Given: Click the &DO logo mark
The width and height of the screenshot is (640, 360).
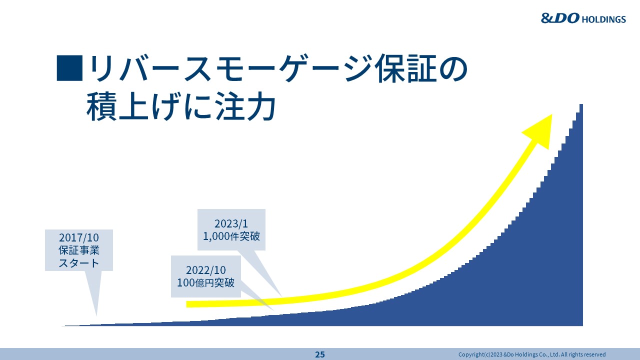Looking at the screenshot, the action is [x=560, y=18].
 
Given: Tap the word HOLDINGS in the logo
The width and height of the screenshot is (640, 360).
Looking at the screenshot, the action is [x=603, y=19].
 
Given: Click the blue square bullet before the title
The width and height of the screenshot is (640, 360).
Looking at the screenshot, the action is [x=69, y=68].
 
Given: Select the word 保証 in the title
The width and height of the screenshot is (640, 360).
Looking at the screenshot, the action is [x=406, y=68].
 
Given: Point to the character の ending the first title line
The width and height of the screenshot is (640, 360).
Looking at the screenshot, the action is [x=453, y=69].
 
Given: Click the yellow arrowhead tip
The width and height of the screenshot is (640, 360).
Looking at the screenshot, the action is [x=551, y=115].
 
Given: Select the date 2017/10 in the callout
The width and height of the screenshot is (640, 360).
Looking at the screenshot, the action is [x=79, y=237].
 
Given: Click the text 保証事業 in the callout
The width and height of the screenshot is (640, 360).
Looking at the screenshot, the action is [x=79, y=250].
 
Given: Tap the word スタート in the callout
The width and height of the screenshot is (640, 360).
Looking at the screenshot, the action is [x=79, y=263].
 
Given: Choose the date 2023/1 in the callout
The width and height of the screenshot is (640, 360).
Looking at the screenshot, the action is [x=231, y=223].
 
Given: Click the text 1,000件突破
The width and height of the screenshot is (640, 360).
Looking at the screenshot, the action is [x=231, y=236].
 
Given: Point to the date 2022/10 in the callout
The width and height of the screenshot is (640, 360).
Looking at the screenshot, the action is [x=205, y=270].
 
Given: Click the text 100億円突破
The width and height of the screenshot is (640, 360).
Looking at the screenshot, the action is [x=205, y=282].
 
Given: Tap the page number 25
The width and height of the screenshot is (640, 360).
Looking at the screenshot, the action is [x=320, y=354].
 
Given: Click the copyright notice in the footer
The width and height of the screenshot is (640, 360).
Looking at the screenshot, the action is [x=532, y=354].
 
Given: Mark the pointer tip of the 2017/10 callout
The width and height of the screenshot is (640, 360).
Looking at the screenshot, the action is [x=96, y=315].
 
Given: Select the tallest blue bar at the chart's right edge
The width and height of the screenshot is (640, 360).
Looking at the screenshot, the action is [x=581, y=215].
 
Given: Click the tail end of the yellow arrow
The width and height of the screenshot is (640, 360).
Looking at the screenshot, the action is [x=187, y=304].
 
